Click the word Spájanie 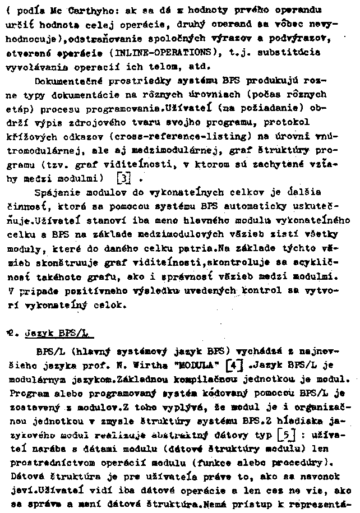click(55, 192)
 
